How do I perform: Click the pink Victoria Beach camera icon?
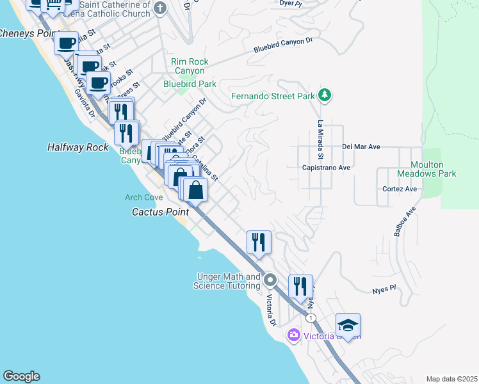coord(293,335)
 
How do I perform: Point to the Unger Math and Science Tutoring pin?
coord(270,280)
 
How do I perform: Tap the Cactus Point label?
coord(160,212)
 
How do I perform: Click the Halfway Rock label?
coord(78,147)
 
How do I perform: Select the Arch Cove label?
coord(144,197)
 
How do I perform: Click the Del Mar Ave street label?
coord(361,147)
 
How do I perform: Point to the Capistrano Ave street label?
coord(326,168)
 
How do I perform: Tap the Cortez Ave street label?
coord(400,189)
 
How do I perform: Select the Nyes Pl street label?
coord(385,290)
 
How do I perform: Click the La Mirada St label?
coord(320,139)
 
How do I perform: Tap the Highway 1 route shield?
coord(311,318)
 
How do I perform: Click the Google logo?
coord(21,376)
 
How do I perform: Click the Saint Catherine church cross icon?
coord(160,8)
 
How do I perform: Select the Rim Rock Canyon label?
coord(188,66)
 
